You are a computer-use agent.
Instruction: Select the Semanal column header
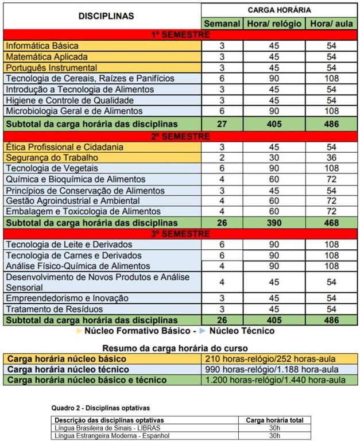222,24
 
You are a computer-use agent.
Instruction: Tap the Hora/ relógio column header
273,24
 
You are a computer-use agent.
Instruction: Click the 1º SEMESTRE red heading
180,34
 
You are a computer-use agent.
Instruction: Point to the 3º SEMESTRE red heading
180,234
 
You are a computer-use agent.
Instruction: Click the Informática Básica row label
41,45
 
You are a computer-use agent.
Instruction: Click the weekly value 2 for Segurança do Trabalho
222,157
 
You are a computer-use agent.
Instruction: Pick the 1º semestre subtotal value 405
273,123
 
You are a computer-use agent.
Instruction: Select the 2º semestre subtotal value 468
331,222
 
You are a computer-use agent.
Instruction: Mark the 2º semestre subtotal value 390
273,222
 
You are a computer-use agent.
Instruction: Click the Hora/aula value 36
331,157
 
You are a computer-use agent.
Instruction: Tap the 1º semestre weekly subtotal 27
222,123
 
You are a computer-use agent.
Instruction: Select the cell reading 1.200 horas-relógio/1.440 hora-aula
274,380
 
